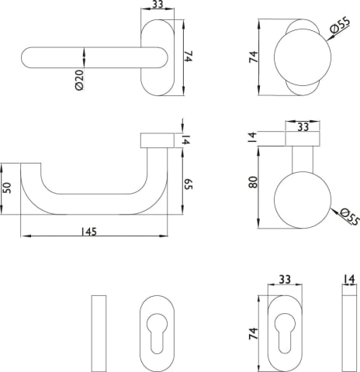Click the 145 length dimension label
(88, 232)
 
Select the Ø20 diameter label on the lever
(80, 80)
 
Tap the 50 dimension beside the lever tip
(7, 188)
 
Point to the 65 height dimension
(189, 184)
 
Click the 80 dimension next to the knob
(253, 182)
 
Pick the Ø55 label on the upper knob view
(340, 26)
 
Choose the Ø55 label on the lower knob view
(349, 216)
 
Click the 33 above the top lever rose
(157, 5)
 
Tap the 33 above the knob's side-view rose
(303, 127)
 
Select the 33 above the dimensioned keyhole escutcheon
(285, 279)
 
